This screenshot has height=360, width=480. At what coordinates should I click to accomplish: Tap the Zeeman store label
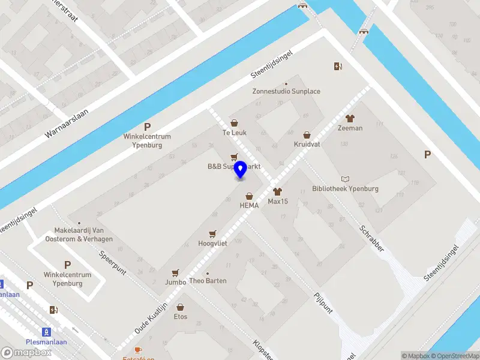pyautogui.click(x=350, y=128)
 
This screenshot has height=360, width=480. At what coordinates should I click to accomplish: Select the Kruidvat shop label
pyautogui.click(x=307, y=145)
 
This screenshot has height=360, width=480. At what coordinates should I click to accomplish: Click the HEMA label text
pyautogui.click(x=249, y=205)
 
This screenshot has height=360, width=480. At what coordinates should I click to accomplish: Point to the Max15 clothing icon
pyautogui.click(x=277, y=191)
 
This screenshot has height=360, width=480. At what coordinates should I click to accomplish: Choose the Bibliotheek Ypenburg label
pyautogui.click(x=346, y=188)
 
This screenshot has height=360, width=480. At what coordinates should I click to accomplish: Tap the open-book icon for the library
pyautogui.click(x=346, y=179)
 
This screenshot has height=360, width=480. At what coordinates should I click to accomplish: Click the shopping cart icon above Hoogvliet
pyautogui.click(x=212, y=233)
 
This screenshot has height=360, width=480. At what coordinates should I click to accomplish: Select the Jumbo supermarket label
pyautogui.click(x=175, y=281)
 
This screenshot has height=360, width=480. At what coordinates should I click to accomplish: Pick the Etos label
pyautogui.click(x=181, y=317)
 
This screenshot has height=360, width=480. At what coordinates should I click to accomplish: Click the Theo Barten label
pyautogui.click(x=208, y=281)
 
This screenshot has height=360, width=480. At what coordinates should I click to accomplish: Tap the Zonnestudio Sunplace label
pyautogui.click(x=286, y=91)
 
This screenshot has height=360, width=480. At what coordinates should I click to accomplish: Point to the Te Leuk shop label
pyautogui.click(x=235, y=133)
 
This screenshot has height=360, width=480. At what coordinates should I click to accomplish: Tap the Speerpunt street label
pyautogui.click(x=113, y=263)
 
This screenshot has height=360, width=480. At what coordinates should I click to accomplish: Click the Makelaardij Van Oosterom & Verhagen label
pyautogui.click(x=79, y=235)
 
